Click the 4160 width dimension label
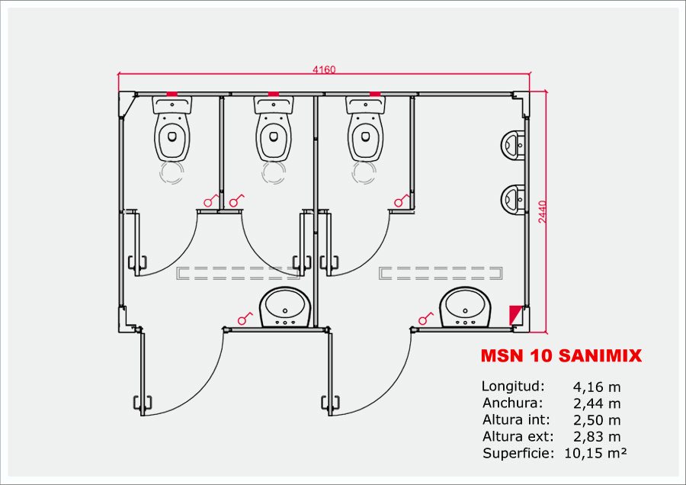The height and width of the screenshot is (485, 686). coord(324,69)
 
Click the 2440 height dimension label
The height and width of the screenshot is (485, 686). coord(542,211)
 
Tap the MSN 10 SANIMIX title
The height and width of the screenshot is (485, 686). coord(561,356)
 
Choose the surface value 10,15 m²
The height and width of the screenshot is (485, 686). coord(595,453)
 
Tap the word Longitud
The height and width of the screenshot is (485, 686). coord(513,387)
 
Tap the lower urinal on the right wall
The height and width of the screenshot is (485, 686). coord(514,198)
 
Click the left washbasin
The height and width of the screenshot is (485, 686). coord(285,307)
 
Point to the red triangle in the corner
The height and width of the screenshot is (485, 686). coord(517,313)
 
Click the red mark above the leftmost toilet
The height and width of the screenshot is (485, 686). coord(172,93)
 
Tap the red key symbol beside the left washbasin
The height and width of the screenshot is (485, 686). coord(245,316)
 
